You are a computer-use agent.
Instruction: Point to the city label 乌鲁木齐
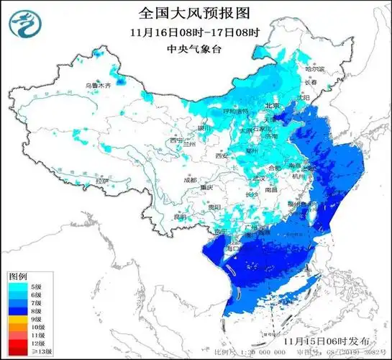click(99, 86)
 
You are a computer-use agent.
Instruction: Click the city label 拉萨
click(106, 181)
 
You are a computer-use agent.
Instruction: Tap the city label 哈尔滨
click(315, 69)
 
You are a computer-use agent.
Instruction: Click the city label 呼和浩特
click(234, 112)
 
